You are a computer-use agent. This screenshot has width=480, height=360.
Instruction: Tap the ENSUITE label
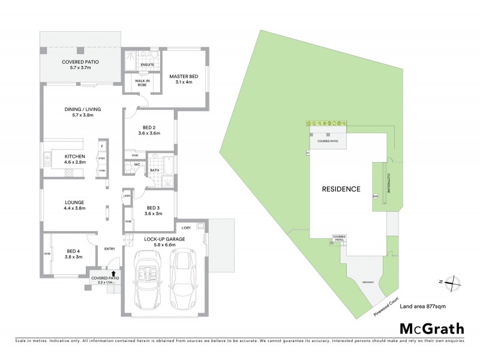[147, 64]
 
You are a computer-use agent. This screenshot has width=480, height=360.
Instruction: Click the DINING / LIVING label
[82, 112]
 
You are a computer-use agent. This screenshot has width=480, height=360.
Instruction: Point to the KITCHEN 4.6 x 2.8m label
[76, 160]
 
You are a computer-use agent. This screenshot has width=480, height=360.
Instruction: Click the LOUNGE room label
[75, 205]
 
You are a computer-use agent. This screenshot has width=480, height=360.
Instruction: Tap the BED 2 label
[149, 130]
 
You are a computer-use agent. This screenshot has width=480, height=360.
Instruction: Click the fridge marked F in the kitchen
[102, 146]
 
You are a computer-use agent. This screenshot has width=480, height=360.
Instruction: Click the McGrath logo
[431, 328]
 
